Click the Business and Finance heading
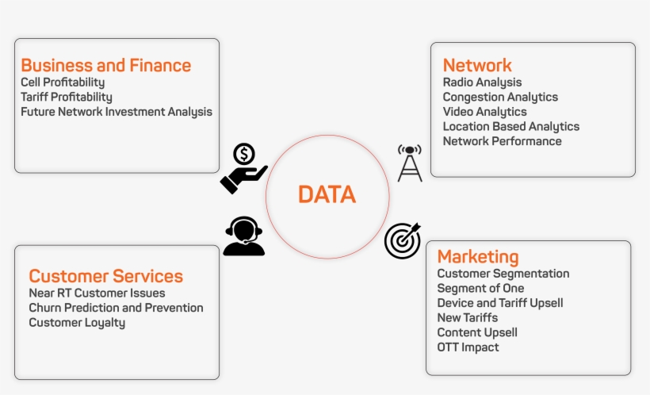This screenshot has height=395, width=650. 105,65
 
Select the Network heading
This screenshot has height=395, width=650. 477,65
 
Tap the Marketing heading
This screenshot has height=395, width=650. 478,256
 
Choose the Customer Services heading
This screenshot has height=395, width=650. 105,276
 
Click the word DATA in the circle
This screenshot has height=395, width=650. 327,194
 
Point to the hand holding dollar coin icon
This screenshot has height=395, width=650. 243,168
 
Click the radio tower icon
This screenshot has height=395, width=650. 410,163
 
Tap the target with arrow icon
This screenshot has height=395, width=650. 402,240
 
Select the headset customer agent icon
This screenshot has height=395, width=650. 243,236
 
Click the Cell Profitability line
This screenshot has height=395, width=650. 63,82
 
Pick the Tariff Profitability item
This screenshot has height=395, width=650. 67,97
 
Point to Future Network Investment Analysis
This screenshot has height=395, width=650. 117,112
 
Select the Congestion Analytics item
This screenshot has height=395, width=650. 500,97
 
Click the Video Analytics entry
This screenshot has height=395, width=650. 484,112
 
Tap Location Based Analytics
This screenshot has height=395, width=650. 510,126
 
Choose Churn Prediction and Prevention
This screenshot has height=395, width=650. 116,308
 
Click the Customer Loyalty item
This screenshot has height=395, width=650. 77,323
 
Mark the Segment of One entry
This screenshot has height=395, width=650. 480,288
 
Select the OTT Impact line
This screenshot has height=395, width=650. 468,347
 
